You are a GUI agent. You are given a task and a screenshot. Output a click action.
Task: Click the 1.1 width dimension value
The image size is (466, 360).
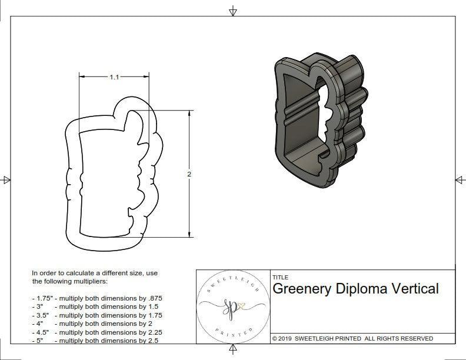click(x=114, y=77)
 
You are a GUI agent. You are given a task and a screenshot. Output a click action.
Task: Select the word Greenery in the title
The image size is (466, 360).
click(x=302, y=289)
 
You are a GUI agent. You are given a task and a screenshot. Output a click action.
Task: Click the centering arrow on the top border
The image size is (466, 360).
click(x=233, y=11)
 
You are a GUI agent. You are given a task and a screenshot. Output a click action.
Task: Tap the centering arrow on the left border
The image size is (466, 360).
click(x=6, y=179)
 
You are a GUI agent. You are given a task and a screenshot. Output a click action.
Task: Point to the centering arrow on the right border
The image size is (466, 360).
click(x=460, y=179)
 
